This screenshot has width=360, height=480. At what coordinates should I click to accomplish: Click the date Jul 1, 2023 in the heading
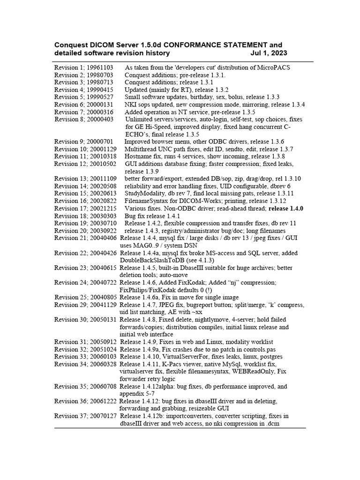pos(269,53)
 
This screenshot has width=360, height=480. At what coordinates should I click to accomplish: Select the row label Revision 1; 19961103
pos(84,67)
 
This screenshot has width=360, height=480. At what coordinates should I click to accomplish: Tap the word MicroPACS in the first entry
pos(273,67)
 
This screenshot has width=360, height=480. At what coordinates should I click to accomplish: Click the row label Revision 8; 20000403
pos(84,120)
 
